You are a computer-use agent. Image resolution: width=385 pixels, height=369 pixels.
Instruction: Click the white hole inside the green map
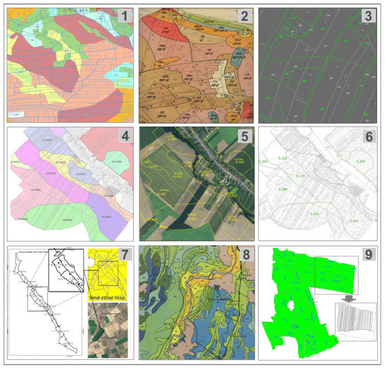pyautogui.click(x=291, y=307)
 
